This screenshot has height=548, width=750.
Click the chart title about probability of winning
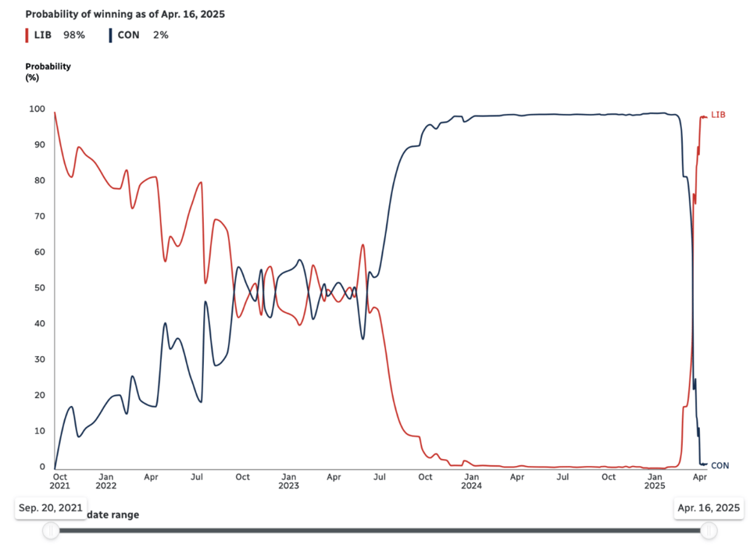click(125, 15)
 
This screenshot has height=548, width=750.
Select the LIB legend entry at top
click(42, 35)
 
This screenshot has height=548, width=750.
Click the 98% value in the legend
click(74, 35)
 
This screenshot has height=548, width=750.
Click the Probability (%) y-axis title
click(48, 72)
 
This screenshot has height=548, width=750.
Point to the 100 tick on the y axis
click(37, 109)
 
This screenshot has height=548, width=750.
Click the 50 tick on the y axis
click(39, 288)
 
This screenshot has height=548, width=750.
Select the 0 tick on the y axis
click(42, 467)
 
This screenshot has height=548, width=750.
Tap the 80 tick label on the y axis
click(39, 180)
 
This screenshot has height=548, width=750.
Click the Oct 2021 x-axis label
click(59, 481)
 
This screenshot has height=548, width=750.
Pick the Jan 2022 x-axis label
click(105, 481)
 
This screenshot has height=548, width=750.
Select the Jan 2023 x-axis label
click(288, 481)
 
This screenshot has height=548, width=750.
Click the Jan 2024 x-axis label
click(471, 481)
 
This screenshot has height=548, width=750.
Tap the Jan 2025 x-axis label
click(655, 481)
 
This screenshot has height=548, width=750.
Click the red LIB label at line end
click(719, 115)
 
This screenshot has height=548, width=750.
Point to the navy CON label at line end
click(720, 465)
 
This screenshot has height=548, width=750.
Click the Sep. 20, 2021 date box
click(51, 508)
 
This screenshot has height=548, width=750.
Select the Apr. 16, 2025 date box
click(709, 508)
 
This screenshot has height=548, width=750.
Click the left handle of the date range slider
click(51, 531)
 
